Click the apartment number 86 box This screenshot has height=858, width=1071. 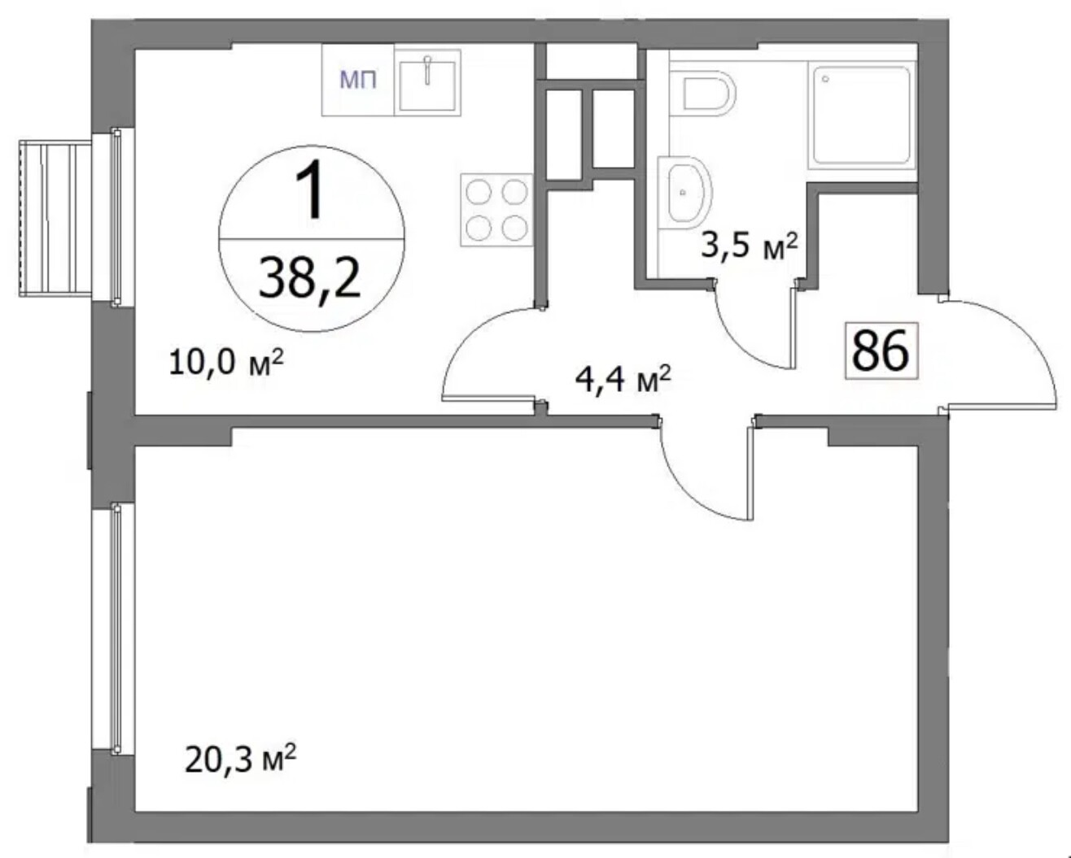[881, 351]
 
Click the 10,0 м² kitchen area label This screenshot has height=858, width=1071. [226, 362]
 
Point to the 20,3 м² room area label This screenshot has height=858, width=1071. [241, 759]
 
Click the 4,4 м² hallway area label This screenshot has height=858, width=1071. [623, 380]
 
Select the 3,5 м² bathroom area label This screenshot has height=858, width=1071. [750, 246]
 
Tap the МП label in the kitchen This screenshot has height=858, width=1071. [358, 80]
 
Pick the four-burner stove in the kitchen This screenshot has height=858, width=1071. [496, 210]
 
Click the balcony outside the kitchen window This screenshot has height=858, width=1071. [55, 218]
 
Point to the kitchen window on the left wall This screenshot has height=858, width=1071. [116, 216]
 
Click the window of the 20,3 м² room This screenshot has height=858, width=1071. [116, 629]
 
